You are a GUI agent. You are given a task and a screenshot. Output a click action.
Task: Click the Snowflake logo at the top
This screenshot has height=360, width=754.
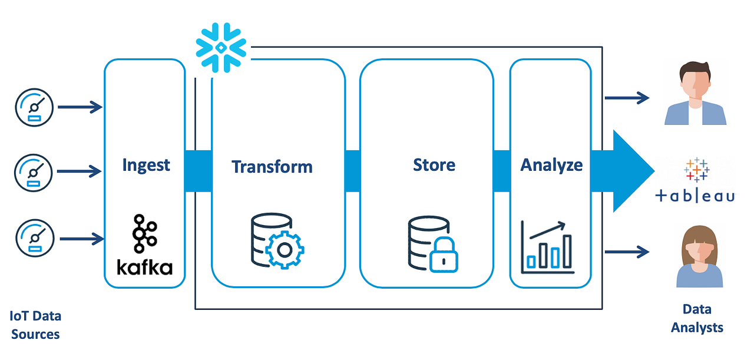pos(221,48)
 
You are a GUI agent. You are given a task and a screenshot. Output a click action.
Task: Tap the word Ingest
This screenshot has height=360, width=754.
pos(146,164)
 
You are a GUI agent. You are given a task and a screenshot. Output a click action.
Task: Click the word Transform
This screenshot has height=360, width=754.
pos(272,166)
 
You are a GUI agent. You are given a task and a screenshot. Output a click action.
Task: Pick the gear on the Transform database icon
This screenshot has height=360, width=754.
pos(285,250)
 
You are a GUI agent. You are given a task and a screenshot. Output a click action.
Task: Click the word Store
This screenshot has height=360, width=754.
pos(434,164)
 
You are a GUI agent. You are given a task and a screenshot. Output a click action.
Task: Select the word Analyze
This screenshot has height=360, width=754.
pos(551,165)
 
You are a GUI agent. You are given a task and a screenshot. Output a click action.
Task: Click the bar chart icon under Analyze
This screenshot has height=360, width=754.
pos(546,247)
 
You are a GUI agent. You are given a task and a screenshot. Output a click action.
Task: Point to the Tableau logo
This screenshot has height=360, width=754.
pos(696,180)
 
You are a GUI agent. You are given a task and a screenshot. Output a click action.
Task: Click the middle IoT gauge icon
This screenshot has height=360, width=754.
pos(34,171)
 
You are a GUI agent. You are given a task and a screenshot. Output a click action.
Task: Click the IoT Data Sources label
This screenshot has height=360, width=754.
pos(35,325)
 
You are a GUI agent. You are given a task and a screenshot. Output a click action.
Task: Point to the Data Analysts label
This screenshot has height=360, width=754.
pos(697,319)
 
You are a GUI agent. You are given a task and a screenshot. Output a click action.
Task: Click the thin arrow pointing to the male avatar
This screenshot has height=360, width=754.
pos(627,97)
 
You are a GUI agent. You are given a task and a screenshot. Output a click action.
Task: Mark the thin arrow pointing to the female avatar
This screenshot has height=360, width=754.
pos(627,252)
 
